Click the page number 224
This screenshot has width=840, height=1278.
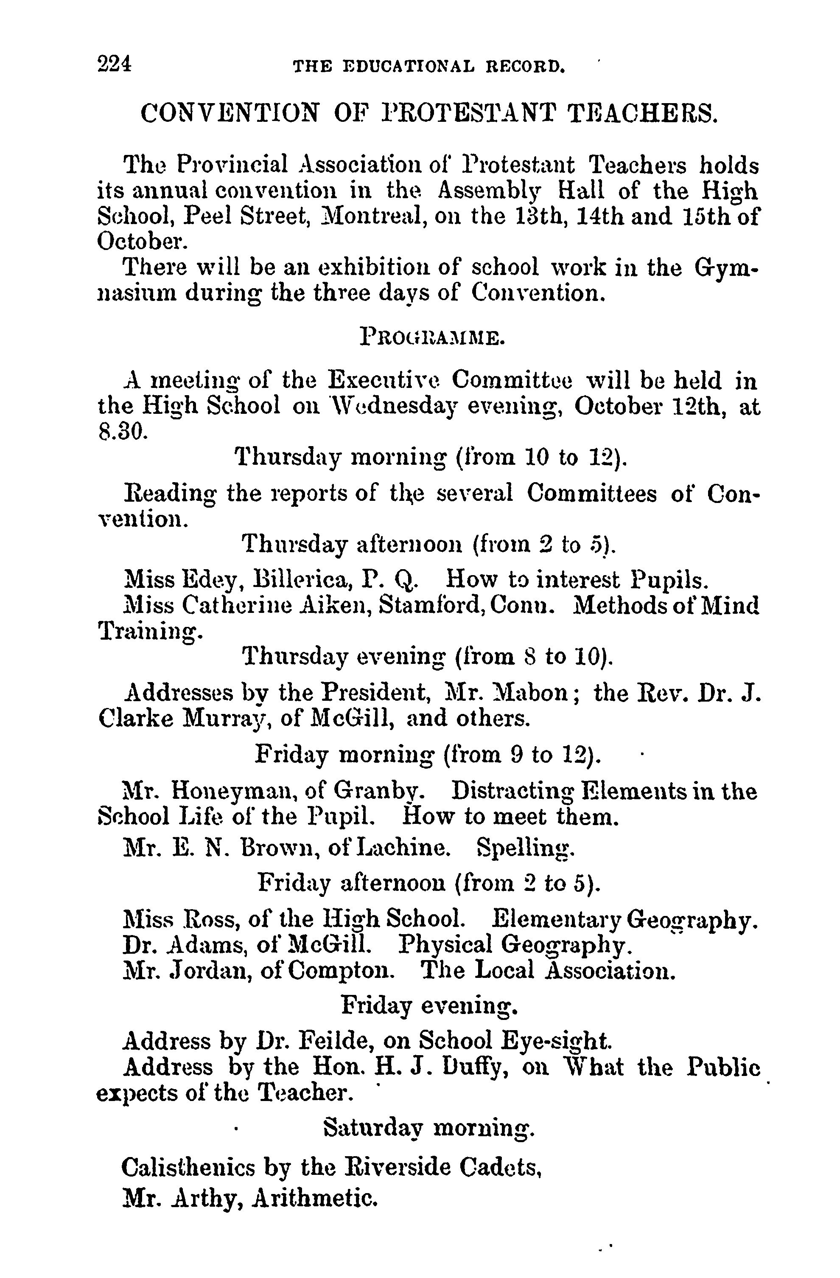click(x=114, y=65)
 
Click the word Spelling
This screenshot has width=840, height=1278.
click(x=526, y=848)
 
